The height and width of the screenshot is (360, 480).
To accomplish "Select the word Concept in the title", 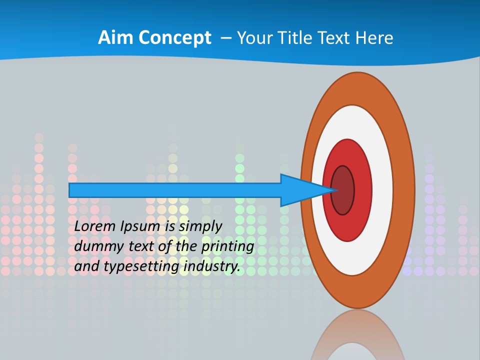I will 175,38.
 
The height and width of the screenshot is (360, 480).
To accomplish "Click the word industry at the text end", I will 211,267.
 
